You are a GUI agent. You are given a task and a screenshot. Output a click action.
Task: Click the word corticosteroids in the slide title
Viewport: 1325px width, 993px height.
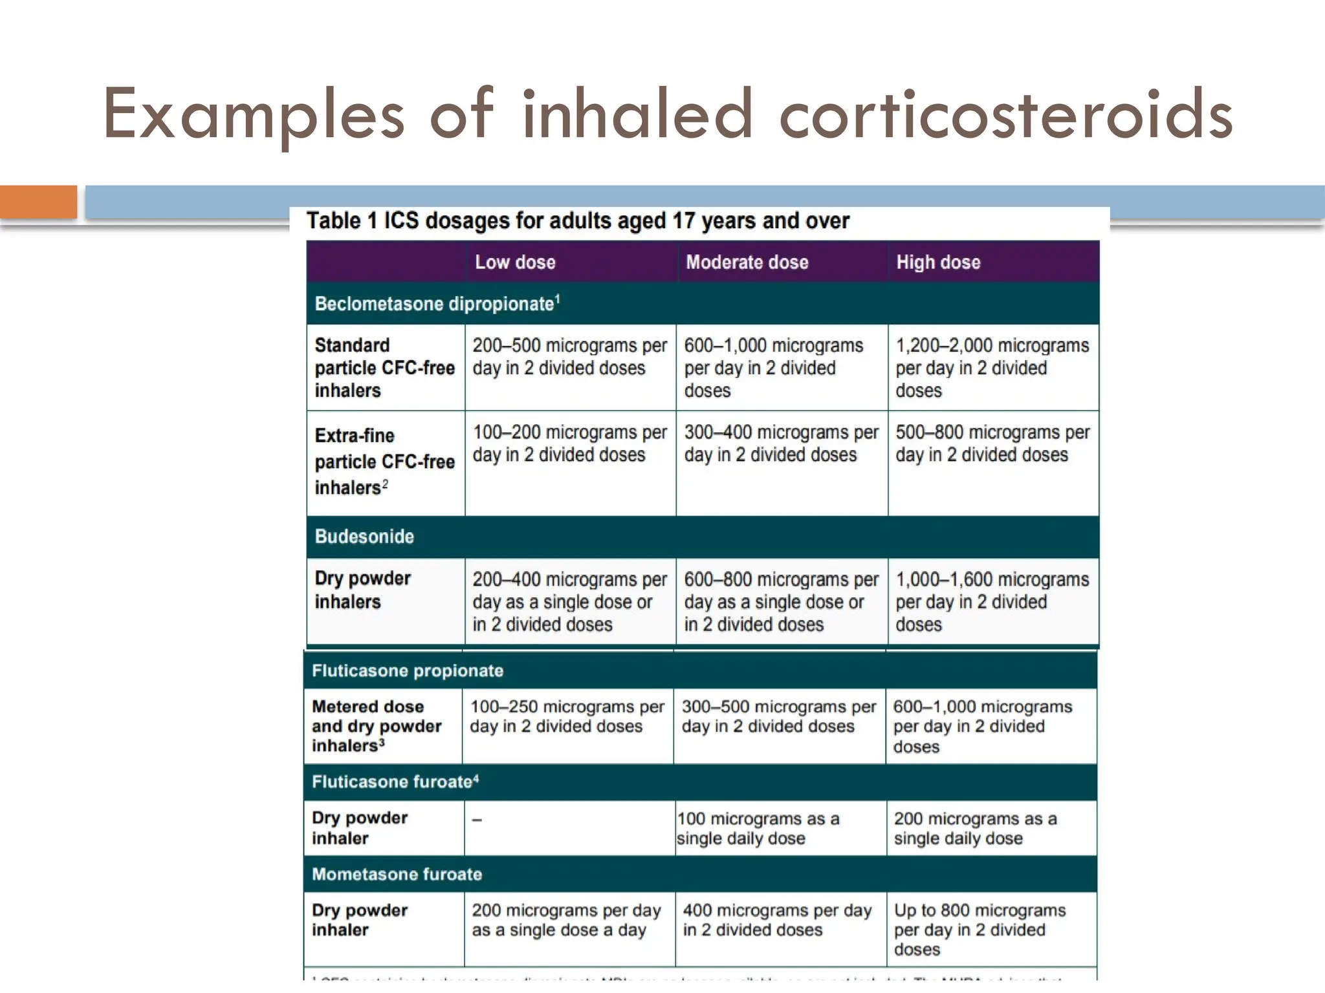(1006, 115)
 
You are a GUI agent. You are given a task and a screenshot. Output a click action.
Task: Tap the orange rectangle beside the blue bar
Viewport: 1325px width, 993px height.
(38, 202)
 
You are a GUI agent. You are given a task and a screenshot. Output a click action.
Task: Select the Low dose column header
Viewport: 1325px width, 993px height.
(515, 262)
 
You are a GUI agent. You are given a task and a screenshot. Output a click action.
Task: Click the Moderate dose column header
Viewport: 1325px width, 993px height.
(747, 262)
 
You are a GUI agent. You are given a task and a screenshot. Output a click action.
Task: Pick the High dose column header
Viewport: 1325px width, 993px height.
(937, 262)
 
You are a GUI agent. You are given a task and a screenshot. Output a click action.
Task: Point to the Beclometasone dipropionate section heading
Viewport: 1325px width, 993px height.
(437, 304)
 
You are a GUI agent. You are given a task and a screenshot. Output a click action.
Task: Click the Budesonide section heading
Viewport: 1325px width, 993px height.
(364, 537)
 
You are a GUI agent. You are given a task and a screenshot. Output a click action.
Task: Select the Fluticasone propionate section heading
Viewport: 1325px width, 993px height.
(408, 671)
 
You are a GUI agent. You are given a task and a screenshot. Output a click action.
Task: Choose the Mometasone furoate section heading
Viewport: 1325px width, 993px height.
(397, 875)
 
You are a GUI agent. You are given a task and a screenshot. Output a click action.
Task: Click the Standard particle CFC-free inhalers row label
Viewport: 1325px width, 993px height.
(384, 368)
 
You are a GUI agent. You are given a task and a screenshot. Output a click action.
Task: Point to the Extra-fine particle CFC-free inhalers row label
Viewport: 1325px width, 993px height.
(384, 462)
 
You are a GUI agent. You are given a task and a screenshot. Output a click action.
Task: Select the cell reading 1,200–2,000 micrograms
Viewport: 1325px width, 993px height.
(992, 368)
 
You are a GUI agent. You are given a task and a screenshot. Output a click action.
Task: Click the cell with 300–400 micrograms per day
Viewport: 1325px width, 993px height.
(781, 443)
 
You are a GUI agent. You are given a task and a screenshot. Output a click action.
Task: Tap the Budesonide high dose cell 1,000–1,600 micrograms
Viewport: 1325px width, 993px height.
(992, 602)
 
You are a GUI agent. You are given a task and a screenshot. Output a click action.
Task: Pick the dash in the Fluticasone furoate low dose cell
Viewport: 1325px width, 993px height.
(477, 820)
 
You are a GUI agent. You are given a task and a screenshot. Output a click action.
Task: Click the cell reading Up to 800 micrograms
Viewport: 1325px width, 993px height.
(979, 930)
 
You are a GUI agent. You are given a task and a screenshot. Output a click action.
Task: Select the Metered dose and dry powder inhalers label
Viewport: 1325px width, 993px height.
(376, 726)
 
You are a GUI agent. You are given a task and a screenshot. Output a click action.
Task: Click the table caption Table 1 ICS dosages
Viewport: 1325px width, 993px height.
(577, 221)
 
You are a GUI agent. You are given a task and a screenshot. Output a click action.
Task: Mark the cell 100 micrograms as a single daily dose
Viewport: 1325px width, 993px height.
(758, 829)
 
